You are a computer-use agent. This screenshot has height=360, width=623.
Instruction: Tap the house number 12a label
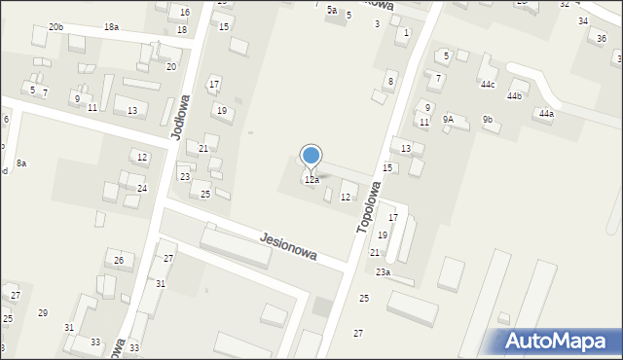click(x=311, y=180)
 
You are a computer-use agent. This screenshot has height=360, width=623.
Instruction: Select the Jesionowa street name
click(x=289, y=245)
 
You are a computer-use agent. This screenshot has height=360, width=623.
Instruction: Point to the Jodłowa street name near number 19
click(x=181, y=118)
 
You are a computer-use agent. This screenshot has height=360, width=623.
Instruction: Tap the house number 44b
click(x=514, y=96)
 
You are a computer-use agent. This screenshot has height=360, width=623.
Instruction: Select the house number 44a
click(x=546, y=114)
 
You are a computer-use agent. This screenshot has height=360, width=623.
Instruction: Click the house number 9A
click(x=448, y=119)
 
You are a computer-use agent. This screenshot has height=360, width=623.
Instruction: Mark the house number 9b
click(x=488, y=119)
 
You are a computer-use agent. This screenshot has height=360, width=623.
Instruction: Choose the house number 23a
click(x=383, y=271)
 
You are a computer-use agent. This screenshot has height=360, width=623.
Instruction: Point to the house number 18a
click(x=111, y=26)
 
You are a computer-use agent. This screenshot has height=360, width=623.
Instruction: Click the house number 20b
click(x=55, y=27)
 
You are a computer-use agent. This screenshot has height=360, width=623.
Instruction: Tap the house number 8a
click(x=20, y=163)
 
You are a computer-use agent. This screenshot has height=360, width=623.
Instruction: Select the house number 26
click(x=119, y=260)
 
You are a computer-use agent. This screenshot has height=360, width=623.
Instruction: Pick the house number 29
click(x=43, y=312)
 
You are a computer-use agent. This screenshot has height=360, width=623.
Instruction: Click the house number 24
click(x=142, y=188)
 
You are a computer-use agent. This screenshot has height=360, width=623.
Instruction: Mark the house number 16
click(x=185, y=13)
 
